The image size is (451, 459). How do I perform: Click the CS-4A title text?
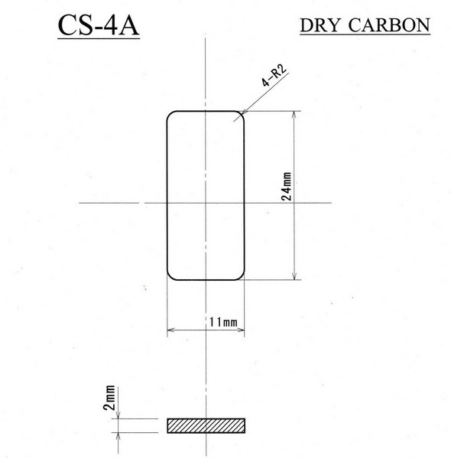click(99, 26)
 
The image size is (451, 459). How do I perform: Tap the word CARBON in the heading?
click(389, 25)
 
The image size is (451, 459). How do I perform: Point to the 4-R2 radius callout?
click(274, 76)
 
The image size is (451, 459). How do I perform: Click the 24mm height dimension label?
click(286, 187)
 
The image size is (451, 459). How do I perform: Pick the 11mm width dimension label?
click(223, 322)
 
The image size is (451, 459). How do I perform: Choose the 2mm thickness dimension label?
click(109, 398)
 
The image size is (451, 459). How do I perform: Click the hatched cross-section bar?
click(206, 425)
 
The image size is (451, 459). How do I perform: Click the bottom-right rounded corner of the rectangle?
click(241, 277)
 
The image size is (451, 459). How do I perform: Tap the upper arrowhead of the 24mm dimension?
click(294, 115)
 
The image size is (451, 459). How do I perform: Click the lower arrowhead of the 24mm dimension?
click(294, 275)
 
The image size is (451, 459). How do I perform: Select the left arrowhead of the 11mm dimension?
click(170, 330)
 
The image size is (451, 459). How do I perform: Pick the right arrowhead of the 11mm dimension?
click(241, 330)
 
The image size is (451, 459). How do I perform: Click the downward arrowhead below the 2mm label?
click(118, 415)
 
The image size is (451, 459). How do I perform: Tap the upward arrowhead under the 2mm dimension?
click(118, 437)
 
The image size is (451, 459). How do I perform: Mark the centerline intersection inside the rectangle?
click(206, 203)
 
